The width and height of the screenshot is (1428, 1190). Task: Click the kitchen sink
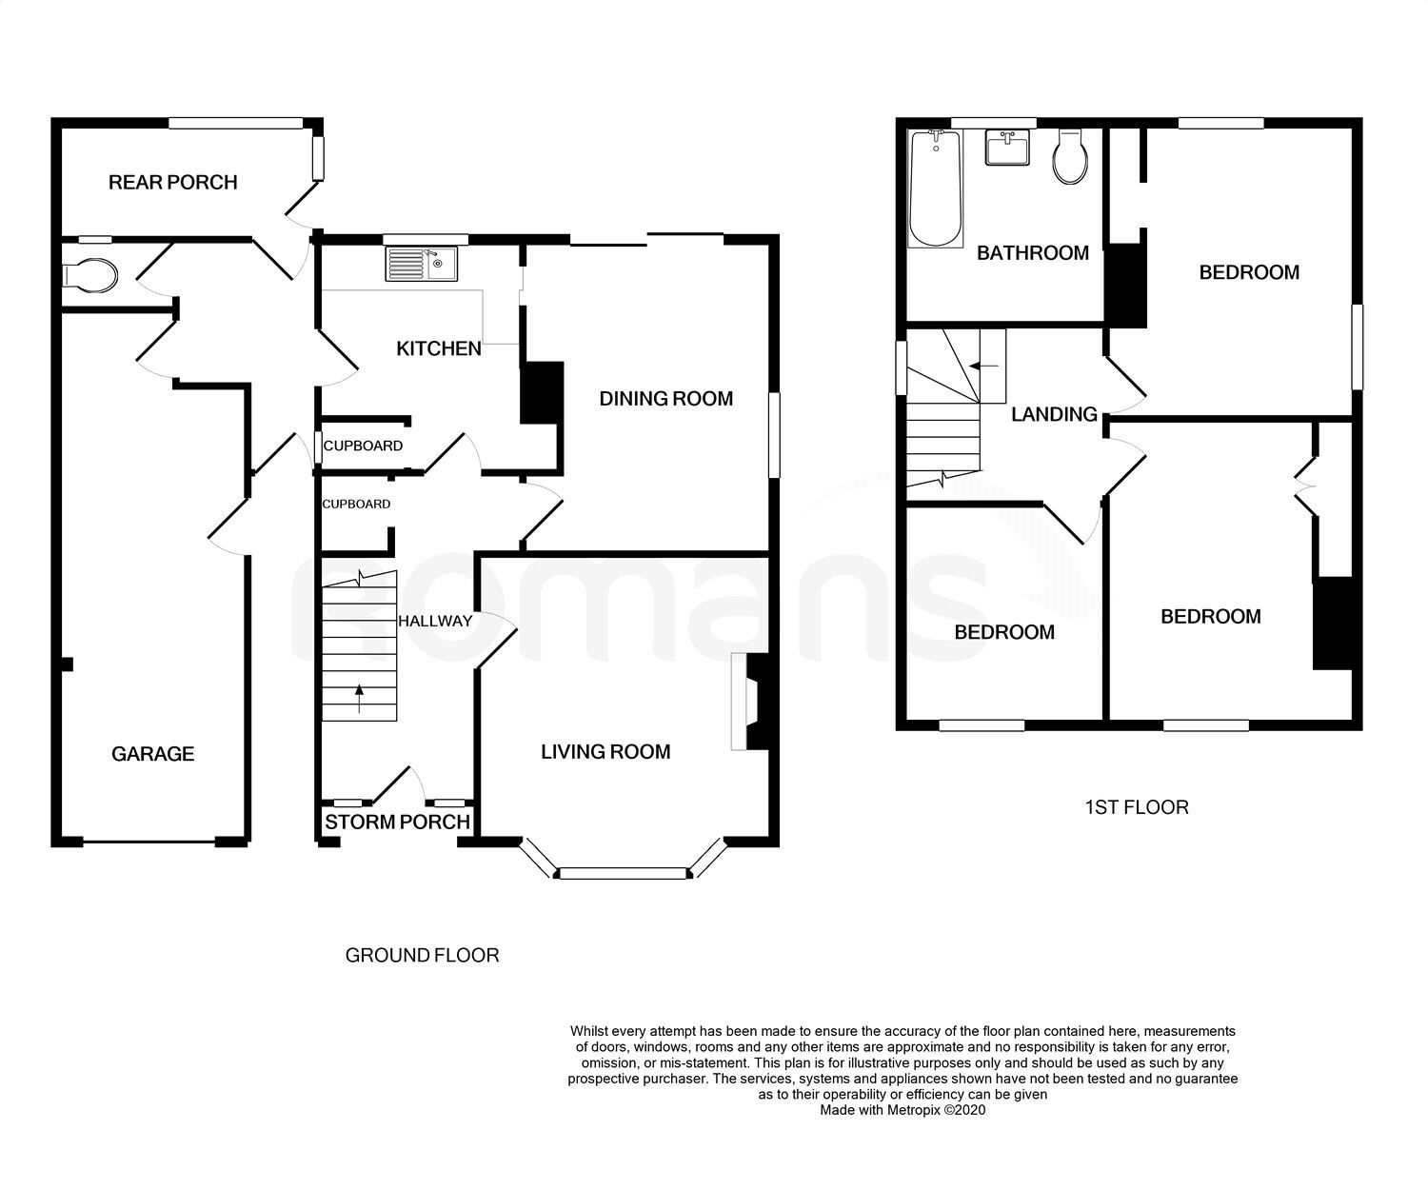pos(422,264)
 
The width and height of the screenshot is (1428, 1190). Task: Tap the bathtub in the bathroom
pos(935,188)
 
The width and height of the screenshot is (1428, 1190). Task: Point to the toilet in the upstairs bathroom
pos(1070,157)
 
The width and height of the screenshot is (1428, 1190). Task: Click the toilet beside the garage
pos(89,276)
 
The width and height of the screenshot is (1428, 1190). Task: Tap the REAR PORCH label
pos(173,183)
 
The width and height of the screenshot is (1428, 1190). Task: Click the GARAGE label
pos(152,754)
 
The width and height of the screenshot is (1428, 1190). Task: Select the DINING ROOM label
pos(666,399)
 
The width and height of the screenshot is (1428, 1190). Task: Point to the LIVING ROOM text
pos(605,752)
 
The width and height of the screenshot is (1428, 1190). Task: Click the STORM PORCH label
pos(397,822)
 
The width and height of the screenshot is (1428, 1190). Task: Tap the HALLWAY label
pos(436,621)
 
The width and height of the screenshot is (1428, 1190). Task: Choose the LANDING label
pos(1054,414)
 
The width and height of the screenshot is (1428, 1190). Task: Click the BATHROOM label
pos(1033,253)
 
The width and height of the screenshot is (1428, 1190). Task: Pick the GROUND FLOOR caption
pos(422,956)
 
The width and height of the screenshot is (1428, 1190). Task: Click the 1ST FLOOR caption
pos(1137,807)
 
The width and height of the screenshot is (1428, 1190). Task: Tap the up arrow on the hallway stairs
pos(359,698)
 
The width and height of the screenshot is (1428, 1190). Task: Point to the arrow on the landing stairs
pos(983,366)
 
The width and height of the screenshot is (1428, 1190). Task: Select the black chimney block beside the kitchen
pos(543,392)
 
